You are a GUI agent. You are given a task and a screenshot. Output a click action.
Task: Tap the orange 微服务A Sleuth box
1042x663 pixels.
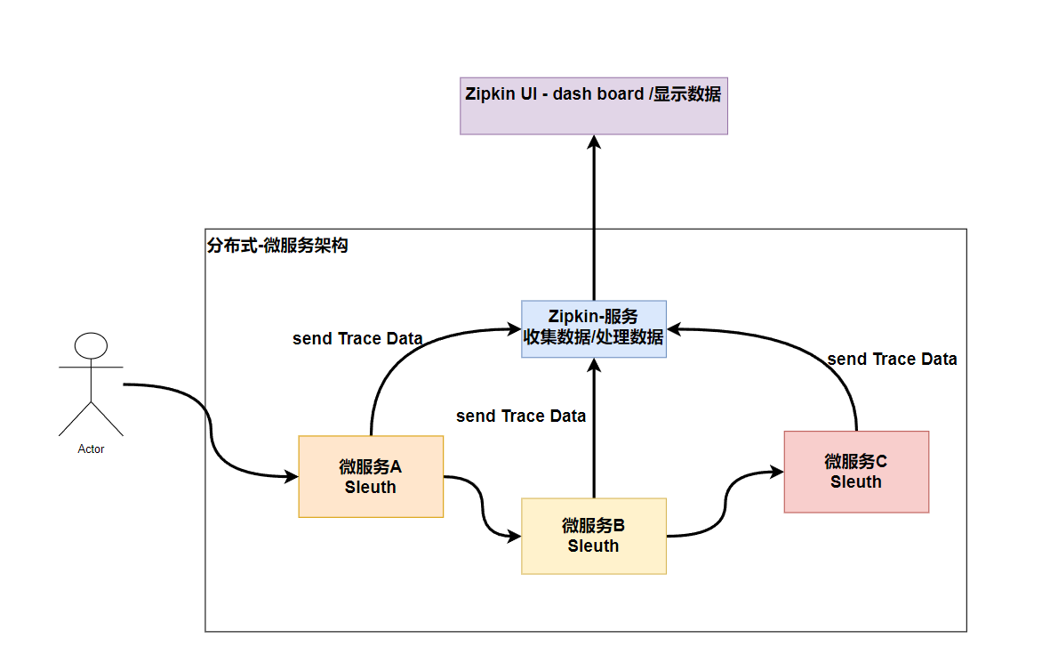pos(371,476)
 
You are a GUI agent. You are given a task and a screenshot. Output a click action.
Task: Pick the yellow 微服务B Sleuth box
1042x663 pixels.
pos(593,536)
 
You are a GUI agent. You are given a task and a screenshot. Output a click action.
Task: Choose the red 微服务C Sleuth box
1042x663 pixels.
pos(856,472)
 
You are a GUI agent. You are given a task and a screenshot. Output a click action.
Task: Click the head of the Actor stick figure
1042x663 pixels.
pos(91,345)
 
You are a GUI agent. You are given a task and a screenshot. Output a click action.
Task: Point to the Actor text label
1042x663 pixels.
pos(91,449)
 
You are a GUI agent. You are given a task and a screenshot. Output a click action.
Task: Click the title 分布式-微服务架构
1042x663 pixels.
pos(277,247)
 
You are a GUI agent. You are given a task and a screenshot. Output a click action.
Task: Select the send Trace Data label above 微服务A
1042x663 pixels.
pos(357,339)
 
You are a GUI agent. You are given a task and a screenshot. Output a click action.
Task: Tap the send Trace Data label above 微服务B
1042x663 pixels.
pos(521,416)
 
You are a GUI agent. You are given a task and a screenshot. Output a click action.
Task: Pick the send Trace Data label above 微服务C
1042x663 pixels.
pos(892,360)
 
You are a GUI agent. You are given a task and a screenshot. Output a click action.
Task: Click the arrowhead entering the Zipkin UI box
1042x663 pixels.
pos(593,141)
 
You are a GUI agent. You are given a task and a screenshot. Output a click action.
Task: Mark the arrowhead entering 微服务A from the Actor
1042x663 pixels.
pos(292,477)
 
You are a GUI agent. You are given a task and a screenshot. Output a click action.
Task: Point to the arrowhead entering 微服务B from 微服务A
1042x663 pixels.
pos(515,537)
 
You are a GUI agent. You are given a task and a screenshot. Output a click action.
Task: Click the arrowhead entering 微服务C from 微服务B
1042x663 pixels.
pos(777,473)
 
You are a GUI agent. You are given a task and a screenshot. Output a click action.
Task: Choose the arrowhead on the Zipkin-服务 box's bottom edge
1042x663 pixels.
pos(593,366)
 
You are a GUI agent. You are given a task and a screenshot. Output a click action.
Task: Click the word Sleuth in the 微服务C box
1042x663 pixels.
pos(856,482)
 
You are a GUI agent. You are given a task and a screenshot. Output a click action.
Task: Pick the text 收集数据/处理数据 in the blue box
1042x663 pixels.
pos(593,337)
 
